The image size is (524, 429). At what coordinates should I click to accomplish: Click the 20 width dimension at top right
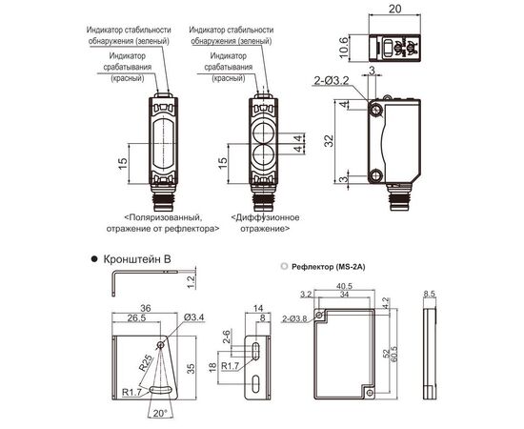[x=394, y=9]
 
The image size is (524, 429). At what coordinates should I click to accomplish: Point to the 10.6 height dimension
[x=344, y=48]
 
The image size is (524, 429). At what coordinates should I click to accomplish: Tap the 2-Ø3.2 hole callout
[x=332, y=81]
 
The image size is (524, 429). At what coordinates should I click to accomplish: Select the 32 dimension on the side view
[x=329, y=140]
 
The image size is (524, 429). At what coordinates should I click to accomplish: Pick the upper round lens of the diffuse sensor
[x=264, y=132]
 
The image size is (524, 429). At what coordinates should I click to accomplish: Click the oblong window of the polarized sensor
[x=164, y=144]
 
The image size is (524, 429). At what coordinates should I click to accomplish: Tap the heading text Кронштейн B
[x=137, y=259]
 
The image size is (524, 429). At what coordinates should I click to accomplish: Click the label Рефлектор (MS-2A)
[x=328, y=267]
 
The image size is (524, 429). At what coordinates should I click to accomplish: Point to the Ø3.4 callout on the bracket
[x=193, y=317]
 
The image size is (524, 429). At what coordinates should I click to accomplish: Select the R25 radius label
[x=146, y=362]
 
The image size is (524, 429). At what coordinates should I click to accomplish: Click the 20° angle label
[x=160, y=413]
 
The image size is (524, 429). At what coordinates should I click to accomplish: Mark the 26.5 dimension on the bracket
[x=136, y=317]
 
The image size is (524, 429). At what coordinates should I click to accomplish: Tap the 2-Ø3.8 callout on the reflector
[x=294, y=318]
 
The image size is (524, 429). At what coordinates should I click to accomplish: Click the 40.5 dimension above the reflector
[x=345, y=286]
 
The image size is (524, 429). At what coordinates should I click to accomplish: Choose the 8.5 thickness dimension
[x=430, y=294]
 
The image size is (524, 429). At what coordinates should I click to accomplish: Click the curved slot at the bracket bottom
[x=161, y=389]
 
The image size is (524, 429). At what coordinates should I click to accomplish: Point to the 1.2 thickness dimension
[x=191, y=282]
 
